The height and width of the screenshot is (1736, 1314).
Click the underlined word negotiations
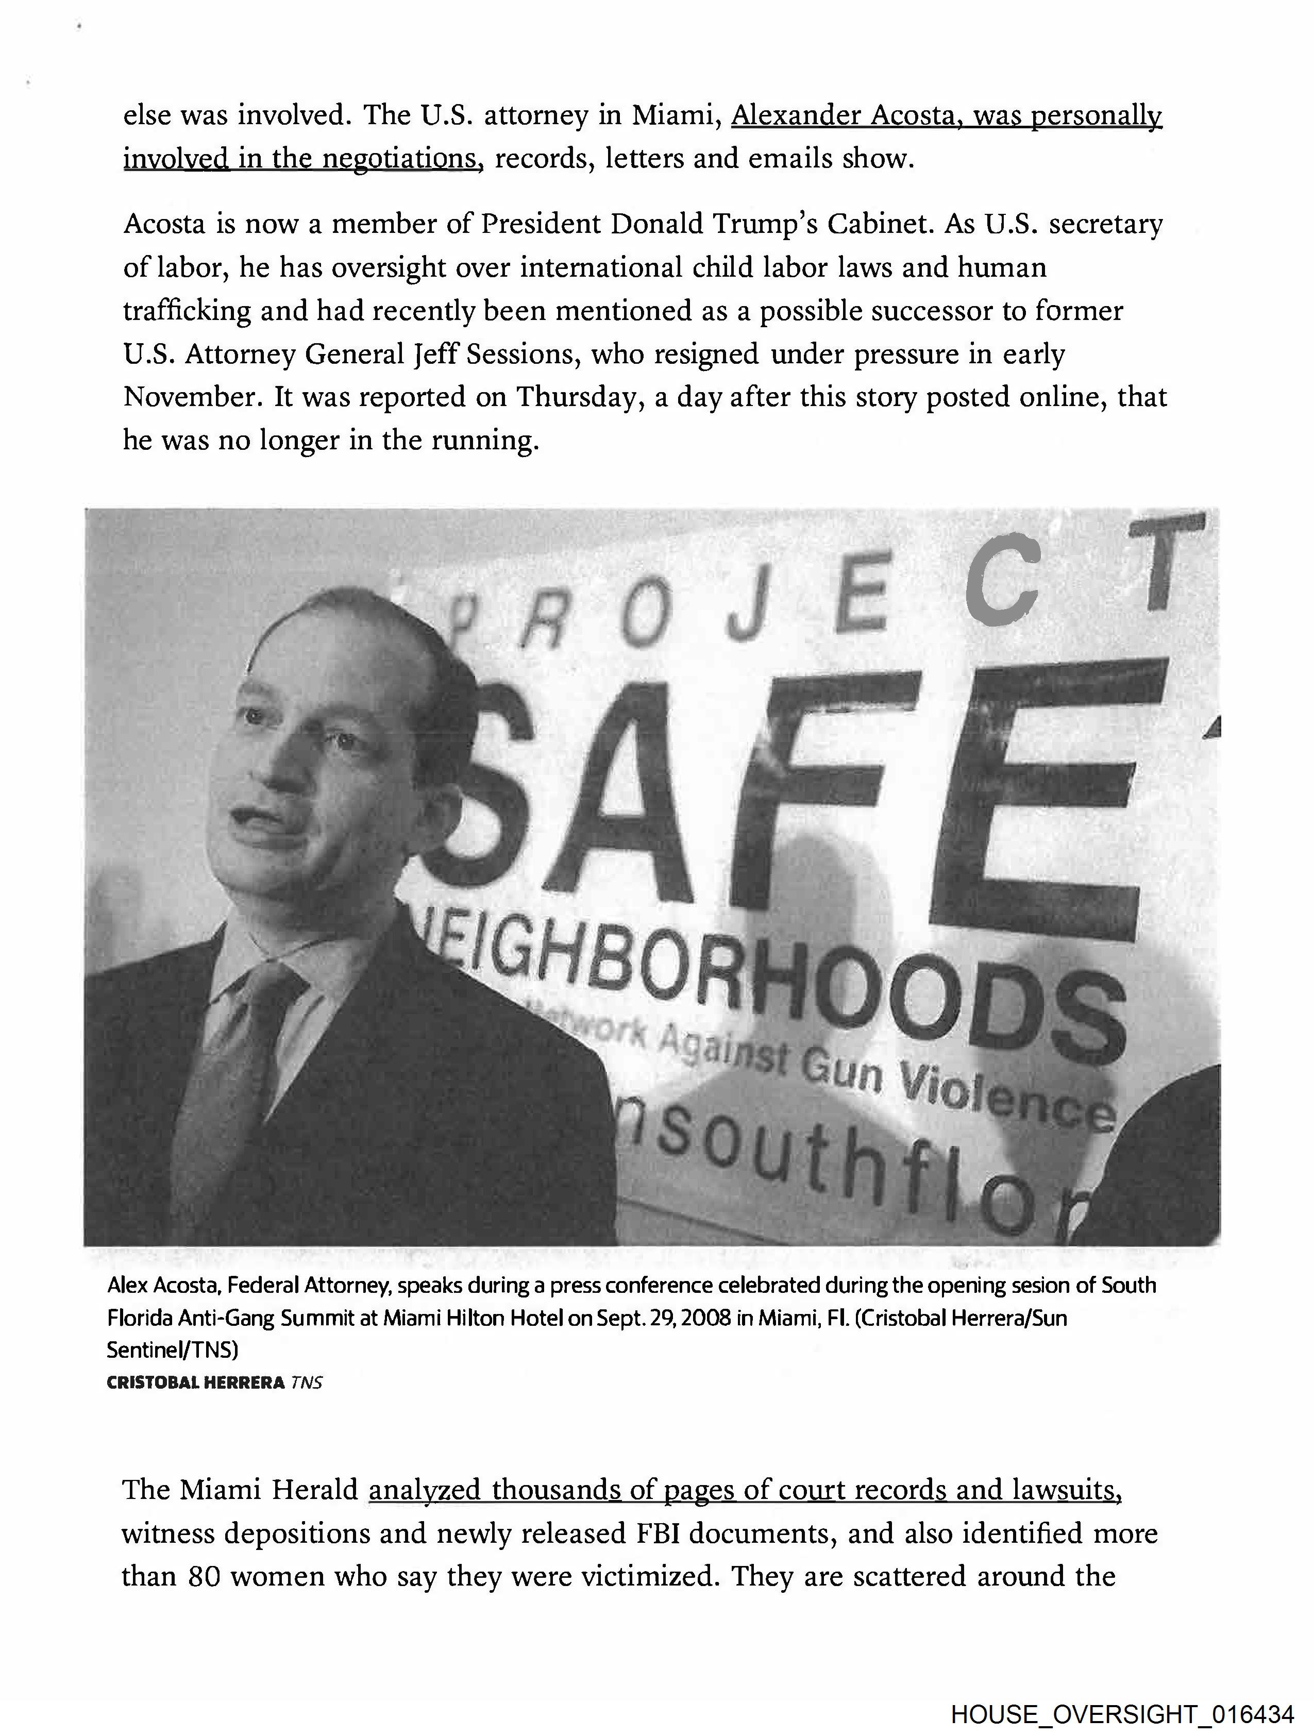point(402,159)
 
